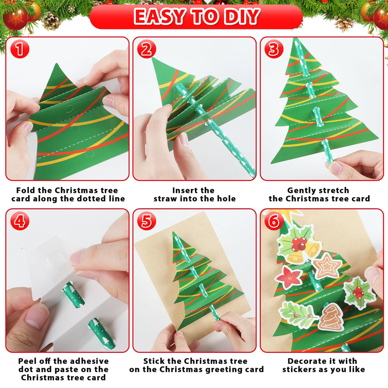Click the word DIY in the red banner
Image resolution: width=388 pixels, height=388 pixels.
[x=242, y=17]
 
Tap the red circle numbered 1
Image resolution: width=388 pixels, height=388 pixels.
[x=19, y=50]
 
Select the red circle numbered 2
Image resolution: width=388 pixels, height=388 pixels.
[x=146, y=50]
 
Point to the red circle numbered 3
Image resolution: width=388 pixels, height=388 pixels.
[x=274, y=50]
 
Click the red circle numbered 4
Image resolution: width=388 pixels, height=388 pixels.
[x=19, y=221]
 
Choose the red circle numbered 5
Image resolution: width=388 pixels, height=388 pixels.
[x=146, y=221]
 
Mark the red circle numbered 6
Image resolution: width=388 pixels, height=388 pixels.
[x=274, y=221]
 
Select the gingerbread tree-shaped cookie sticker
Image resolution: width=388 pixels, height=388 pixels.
[x=331, y=317]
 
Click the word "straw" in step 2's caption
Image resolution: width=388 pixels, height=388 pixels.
[x=165, y=199]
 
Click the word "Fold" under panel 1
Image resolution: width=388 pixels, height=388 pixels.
[x=25, y=190]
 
